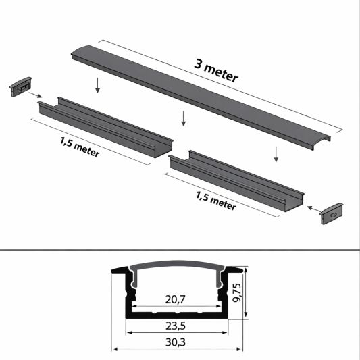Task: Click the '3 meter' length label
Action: pos(215,70)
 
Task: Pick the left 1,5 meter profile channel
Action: pos(101,125)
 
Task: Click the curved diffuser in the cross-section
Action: pos(177,264)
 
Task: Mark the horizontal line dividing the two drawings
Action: pos(180,249)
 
